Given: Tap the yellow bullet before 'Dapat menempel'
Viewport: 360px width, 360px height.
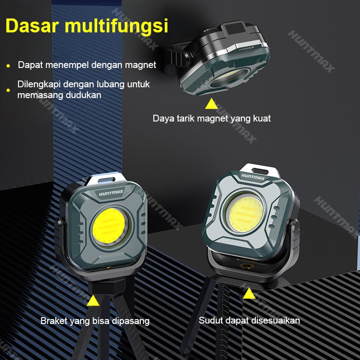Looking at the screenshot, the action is (8, 66).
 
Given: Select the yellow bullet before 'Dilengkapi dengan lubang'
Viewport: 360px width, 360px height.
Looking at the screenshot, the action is (8, 90).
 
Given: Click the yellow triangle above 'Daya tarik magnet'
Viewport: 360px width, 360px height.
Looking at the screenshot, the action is (211, 104).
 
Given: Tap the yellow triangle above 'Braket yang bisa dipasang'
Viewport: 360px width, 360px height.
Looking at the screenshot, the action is (94, 300).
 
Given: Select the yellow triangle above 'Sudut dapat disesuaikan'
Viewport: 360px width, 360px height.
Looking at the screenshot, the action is (249, 293).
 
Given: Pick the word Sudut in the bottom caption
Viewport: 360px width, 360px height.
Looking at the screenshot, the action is (210, 320).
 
